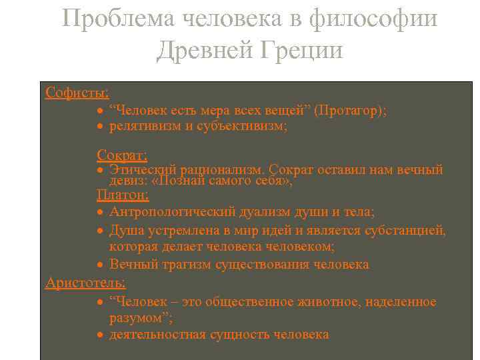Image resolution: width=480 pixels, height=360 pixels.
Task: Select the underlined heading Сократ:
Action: (x=122, y=155)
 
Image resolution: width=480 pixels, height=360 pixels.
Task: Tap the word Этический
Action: (x=139, y=170)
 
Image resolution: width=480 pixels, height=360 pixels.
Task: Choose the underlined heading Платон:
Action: (x=123, y=195)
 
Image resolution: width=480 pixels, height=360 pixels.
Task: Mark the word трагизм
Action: (x=187, y=265)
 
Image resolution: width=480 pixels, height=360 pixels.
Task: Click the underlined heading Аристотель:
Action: (x=85, y=283)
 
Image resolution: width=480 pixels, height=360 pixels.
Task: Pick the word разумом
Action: (x=135, y=317)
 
